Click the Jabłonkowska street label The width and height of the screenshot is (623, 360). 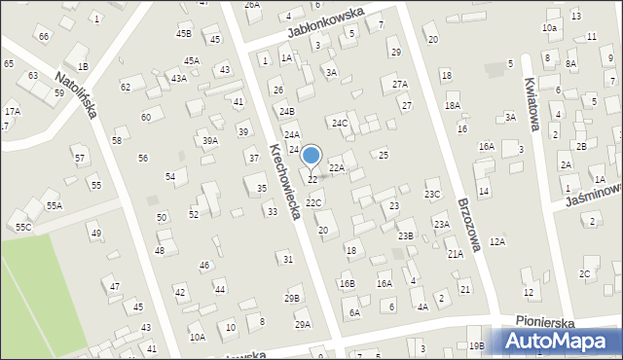325,20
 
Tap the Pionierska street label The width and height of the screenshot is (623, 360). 544,321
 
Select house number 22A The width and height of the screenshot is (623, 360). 336,168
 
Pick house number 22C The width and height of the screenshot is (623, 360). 313,202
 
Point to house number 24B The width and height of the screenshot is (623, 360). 286,112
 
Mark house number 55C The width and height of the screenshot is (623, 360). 22,227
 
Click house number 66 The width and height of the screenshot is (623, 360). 43,36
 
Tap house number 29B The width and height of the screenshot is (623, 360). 292,298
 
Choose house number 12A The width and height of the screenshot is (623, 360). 497,241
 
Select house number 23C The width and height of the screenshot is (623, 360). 432,195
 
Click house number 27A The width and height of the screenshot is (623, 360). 400,85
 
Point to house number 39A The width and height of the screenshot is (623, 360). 209,141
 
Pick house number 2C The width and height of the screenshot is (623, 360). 584,273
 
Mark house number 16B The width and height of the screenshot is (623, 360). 348,283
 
